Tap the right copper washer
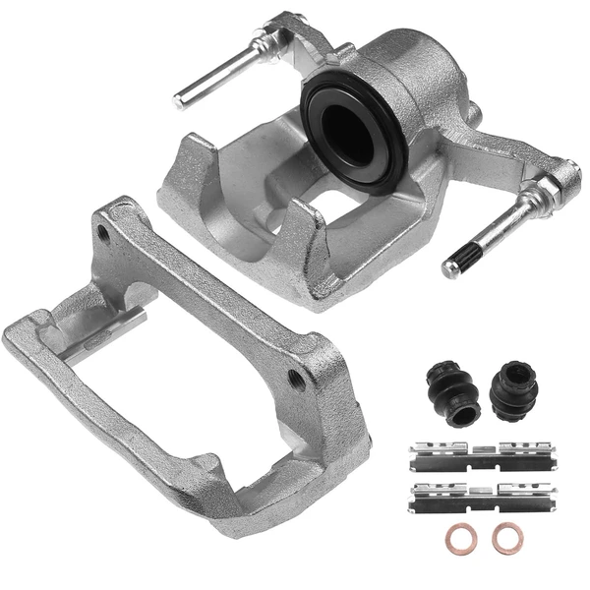(x=508, y=537)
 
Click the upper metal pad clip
(x=482, y=455)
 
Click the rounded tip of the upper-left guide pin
(x=182, y=99)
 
